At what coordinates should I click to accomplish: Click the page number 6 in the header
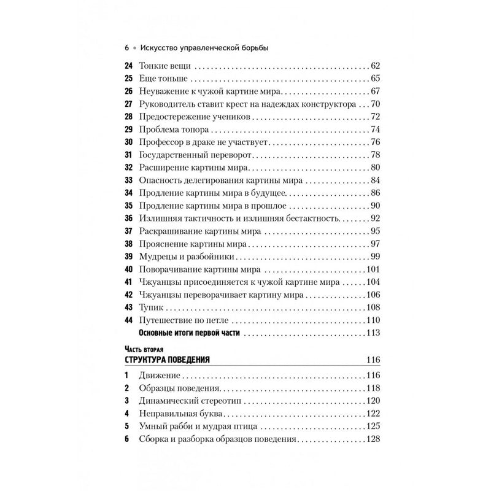126,47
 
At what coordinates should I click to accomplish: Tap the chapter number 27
128,103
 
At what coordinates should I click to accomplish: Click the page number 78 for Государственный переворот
376,154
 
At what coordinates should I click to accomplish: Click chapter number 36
128,218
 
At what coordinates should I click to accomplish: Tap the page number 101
374,269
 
